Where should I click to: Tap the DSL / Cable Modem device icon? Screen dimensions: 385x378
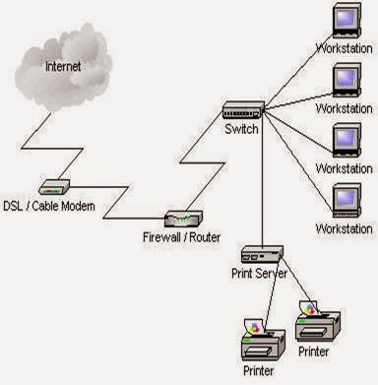coord(53,184)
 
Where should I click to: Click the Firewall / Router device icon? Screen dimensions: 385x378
coord(183,220)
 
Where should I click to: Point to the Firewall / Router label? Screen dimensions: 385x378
coord(183,237)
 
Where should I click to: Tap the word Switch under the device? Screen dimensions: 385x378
coord(240,128)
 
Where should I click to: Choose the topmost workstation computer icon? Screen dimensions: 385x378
coord(346,23)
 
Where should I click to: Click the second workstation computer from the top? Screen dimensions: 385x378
coord(346,79)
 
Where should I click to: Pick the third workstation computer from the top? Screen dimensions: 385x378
coord(346,139)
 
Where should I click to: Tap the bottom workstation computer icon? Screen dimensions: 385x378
coord(346,200)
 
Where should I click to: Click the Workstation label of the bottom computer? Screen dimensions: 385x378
coord(344,228)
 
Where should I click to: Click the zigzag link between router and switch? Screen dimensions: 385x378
coord(207,162)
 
